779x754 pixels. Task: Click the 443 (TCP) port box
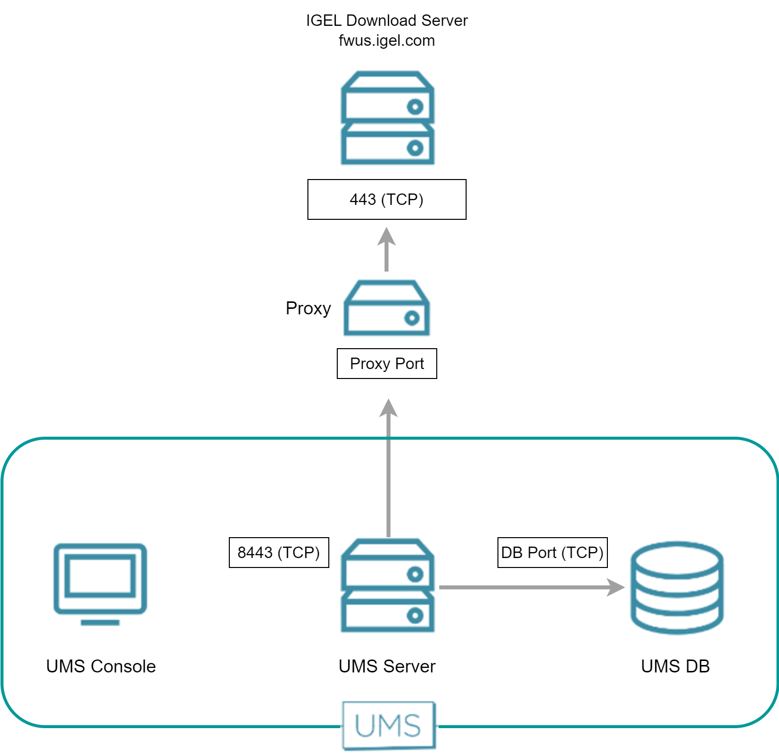(x=387, y=199)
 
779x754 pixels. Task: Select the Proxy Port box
(x=387, y=364)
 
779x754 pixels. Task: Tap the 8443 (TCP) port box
(x=279, y=552)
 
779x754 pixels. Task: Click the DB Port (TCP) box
(x=552, y=552)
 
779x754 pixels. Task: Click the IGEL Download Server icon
(x=387, y=118)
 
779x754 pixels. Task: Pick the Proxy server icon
(x=387, y=308)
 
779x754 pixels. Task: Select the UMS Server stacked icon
(x=387, y=585)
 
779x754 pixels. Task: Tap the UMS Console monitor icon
(x=100, y=578)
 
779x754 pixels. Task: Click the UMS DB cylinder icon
(x=677, y=587)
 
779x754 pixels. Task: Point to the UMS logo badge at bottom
(x=389, y=725)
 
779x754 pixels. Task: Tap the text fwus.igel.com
(x=387, y=40)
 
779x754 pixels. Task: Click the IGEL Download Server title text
(x=387, y=20)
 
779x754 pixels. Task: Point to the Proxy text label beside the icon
(x=308, y=308)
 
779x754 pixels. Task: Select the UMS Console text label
(x=101, y=666)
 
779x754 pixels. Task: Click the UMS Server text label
(x=387, y=666)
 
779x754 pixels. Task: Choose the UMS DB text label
(x=675, y=666)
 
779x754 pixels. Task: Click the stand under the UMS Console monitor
(x=100, y=622)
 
